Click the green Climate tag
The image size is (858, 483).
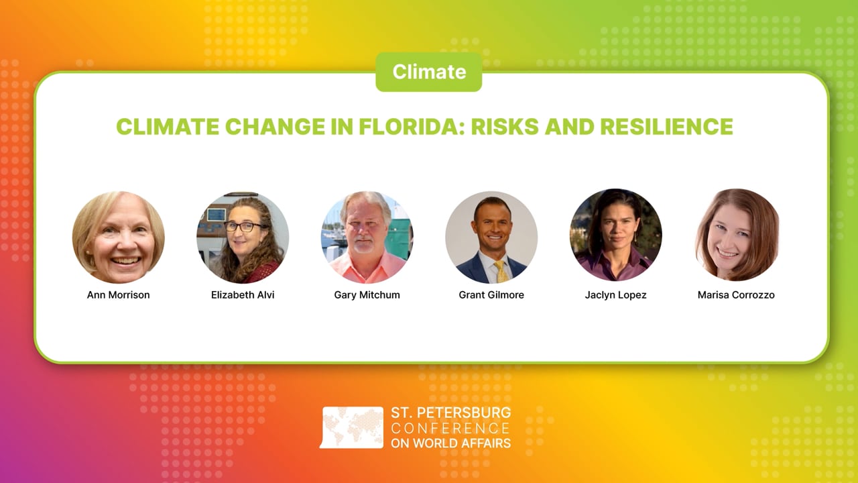[x=428, y=72]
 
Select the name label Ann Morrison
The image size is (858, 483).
[x=119, y=295]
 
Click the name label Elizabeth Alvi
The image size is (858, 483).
[x=243, y=295]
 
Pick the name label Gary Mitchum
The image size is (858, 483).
[x=367, y=295]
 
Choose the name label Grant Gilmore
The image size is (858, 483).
[x=491, y=295]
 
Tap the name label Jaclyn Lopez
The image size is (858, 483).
[x=615, y=295]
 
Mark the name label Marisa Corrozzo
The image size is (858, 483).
[x=736, y=295]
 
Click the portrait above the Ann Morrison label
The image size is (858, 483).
[x=119, y=237]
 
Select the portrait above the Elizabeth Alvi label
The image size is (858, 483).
[x=243, y=237]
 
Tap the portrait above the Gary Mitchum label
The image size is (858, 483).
[x=367, y=237]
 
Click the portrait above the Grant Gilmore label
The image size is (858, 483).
[x=491, y=237]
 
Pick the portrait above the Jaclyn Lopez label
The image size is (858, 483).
[x=615, y=235]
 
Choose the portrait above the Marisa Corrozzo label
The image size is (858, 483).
[x=737, y=235]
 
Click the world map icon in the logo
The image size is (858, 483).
[x=352, y=427]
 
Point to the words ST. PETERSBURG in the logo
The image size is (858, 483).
[x=450, y=413]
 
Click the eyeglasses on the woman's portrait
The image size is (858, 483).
[x=243, y=227]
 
